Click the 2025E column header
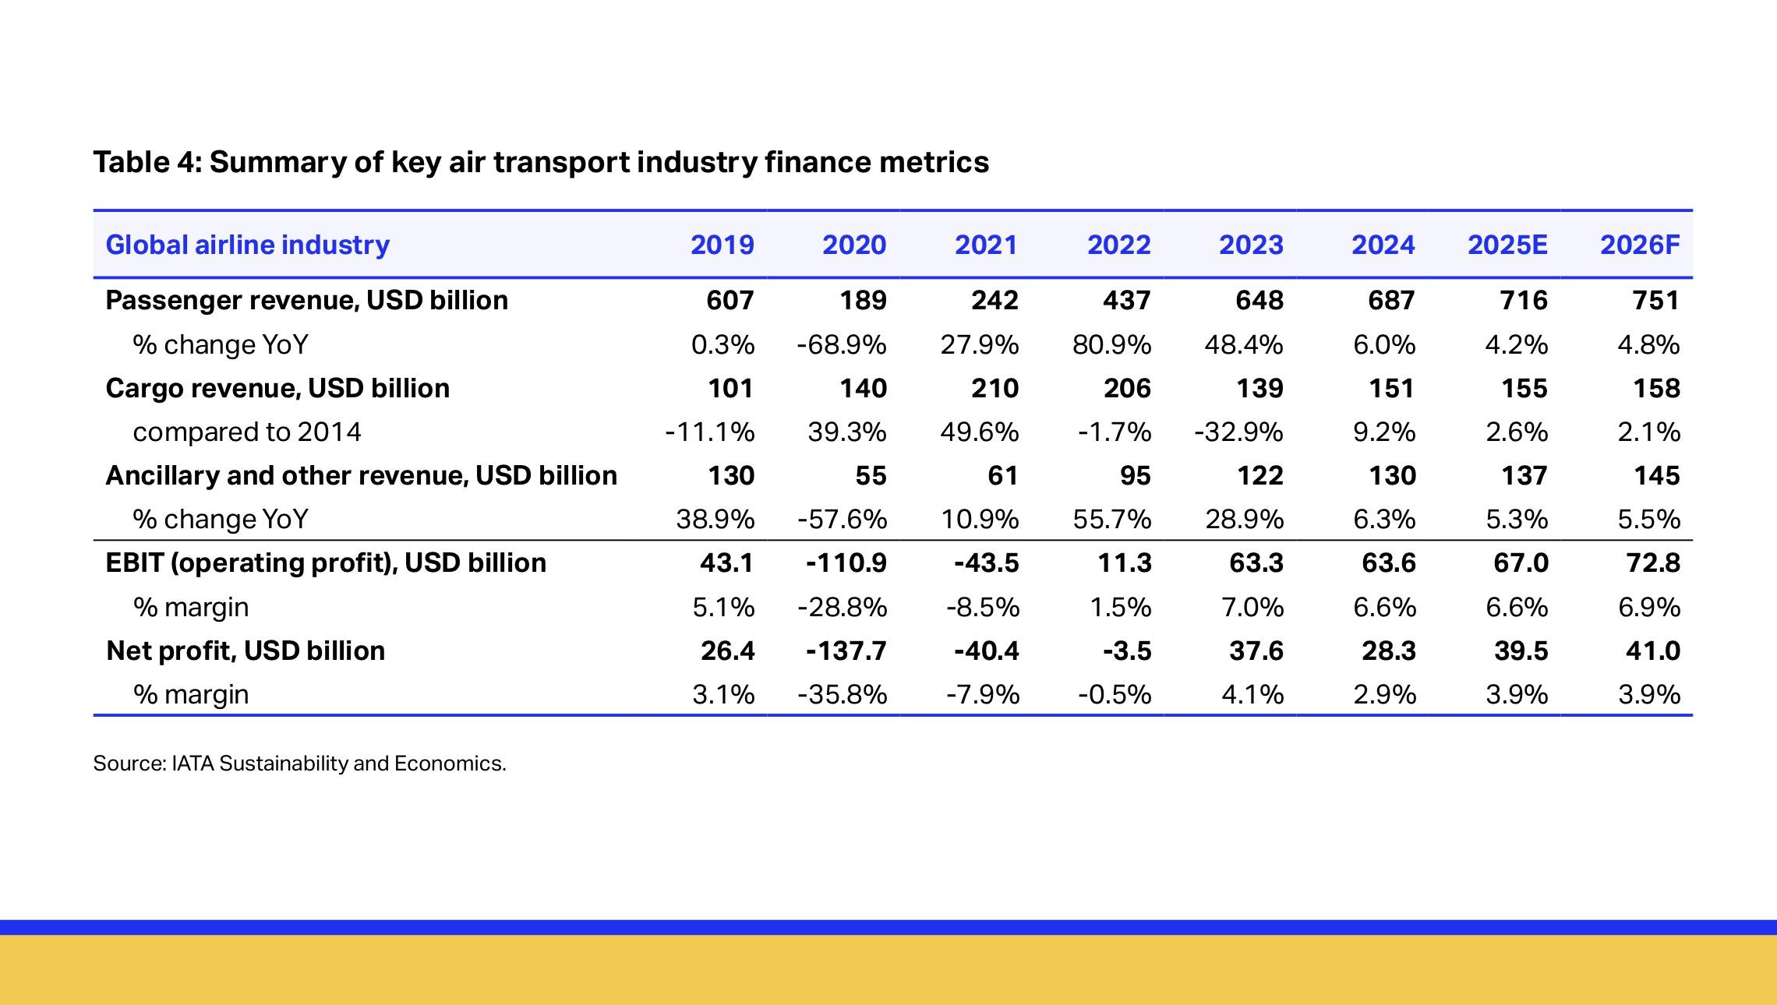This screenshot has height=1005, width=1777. click(x=1507, y=245)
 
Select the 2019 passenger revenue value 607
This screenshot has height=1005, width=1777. click(x=730, y=300)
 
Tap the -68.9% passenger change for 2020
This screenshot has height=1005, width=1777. click(x=841, y=344)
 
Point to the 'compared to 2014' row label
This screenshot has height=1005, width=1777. click(x=246, y=432)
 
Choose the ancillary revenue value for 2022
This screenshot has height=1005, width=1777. click(x=1135, y=475)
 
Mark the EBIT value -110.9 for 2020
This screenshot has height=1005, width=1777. click(x=846, y=562)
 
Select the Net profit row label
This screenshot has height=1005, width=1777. click(x=245, y=651)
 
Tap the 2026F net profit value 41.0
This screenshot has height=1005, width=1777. click(x=1652, y=651)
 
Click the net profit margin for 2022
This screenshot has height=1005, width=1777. click(x=1114, y=694)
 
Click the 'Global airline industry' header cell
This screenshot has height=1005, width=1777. click(x=247, y=245)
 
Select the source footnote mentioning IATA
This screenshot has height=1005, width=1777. click(x=299, y=763)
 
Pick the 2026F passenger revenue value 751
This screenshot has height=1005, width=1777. click(x=1655, y=300)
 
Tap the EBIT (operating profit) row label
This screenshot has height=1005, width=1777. click(x=325, y=562)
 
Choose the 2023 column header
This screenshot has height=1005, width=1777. click(x=1250, y=245)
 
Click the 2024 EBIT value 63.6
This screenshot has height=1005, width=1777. click(x=1388, y=562)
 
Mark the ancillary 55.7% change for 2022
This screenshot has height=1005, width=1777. click(x=1111, y=519)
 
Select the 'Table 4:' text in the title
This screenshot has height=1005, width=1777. click(x=147, y=162)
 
